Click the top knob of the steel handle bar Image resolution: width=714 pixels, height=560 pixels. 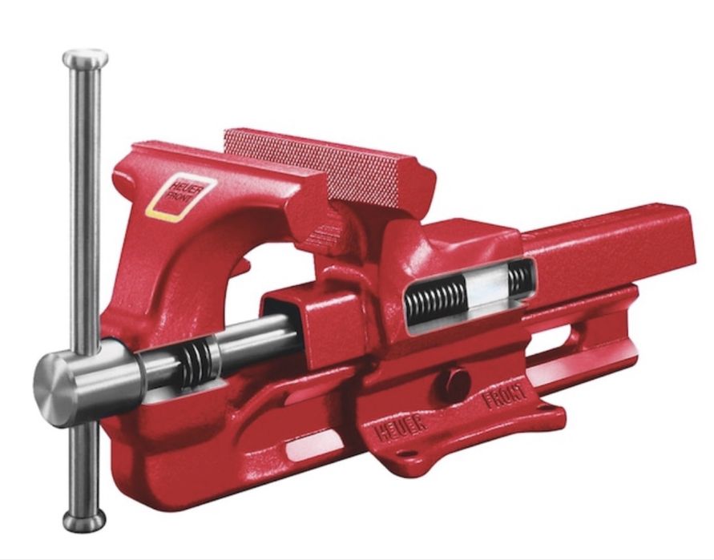pos(85,58)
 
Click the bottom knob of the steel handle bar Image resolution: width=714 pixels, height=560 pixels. pos(84,521)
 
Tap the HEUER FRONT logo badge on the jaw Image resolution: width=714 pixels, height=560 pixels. pos(181,199)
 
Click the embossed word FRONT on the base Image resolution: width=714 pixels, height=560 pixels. pos(505,396)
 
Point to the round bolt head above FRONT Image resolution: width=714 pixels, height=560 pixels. pos(454,382)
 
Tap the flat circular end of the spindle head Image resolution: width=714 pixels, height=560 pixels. pos(50,389)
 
